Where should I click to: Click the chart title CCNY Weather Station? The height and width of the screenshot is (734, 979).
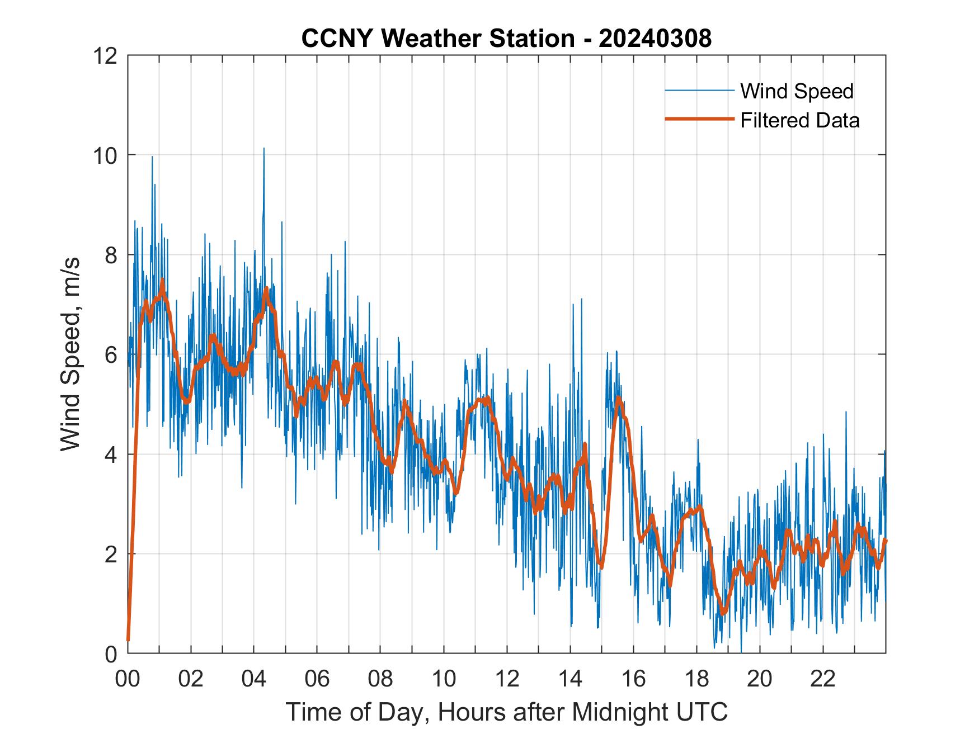[x=437, y=39]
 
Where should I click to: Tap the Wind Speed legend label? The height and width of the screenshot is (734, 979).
[x=797, y=91]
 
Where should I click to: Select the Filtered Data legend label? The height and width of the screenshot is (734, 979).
[x=799, y=120]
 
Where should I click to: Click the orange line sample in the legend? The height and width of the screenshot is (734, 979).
[x=699, y=119]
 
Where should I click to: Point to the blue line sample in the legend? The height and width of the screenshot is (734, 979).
[x=699, y=91]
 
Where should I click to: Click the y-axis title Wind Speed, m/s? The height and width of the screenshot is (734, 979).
[x=71, y=354]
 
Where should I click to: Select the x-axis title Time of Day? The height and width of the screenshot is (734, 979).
[x=506, y=712]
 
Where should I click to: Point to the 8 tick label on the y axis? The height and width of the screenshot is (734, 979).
[x=111, y=255]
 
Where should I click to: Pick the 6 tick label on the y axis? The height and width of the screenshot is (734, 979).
[x=111, y=355]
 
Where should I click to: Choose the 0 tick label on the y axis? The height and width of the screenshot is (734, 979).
[x=111, y=654]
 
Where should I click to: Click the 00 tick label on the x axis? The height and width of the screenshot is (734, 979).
[x=128, y=679]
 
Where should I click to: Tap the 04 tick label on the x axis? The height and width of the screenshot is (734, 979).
[x=254, y=679]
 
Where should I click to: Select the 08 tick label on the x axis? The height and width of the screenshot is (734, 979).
[x=380, y=679]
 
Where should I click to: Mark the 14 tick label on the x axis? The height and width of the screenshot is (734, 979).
[x=570, y=679]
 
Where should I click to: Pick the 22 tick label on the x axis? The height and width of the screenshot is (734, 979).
[x=823, y=679]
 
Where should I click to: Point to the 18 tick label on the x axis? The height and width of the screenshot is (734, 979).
[x=696, y=679]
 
